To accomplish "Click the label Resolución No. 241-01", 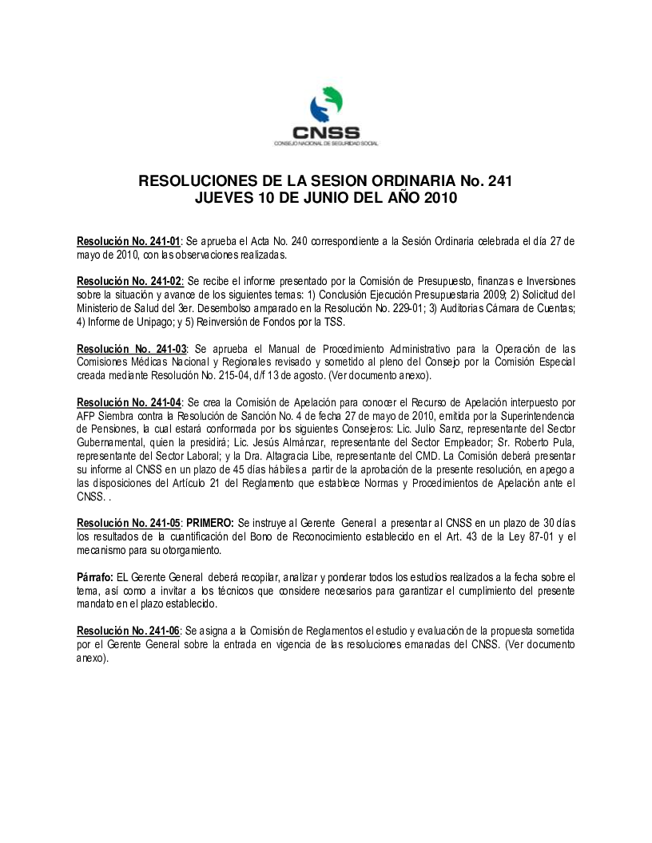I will click(129, 240).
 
